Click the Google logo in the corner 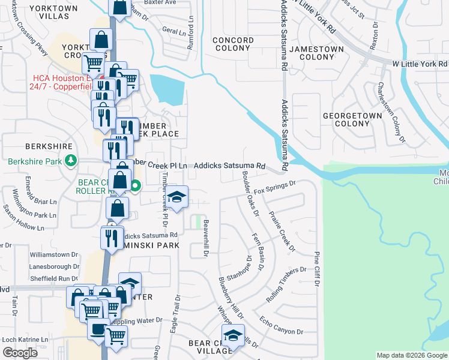[20, 353]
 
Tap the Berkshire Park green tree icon [71, 161]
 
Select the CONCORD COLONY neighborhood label [233, 44]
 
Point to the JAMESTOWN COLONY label [316, 53]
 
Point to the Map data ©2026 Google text [412, 355]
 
